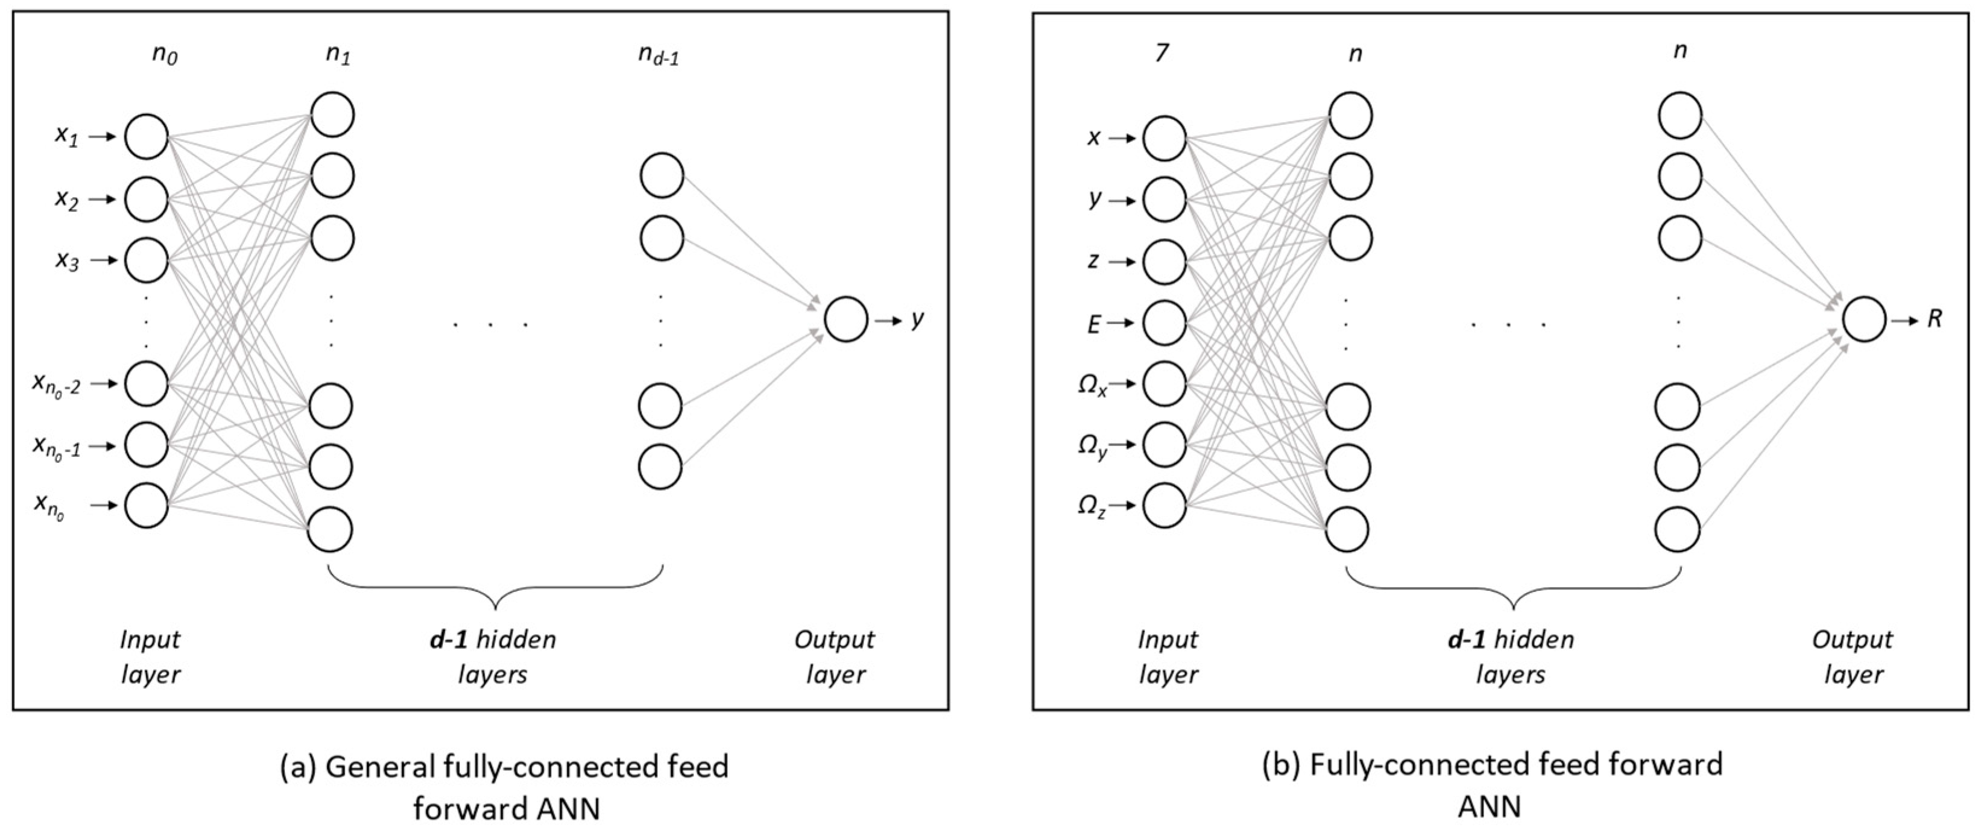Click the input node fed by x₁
pos(147,137)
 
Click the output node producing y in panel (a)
pos(846,319)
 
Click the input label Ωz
pos(1091,507)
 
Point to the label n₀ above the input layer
pos(164,56)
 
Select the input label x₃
pos(67,261)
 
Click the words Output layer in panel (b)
pos(1853,656)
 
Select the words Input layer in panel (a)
pos(151,656)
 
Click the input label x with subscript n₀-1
pos(56,445)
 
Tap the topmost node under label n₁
pos(332,115)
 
